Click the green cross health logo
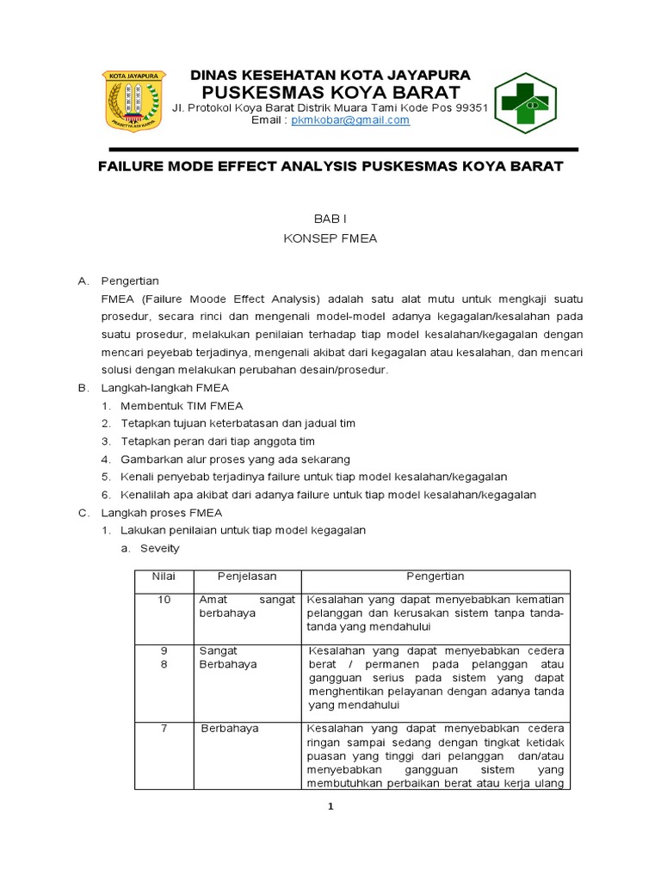click(x=524, y=103)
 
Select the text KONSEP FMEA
click(x=330, y=239)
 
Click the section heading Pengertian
click(x=130, y=280)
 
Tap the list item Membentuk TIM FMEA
click(x=182, y=405)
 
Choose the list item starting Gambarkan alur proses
click(x=235, y=459)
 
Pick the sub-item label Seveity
click(x=160, y=548)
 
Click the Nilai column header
click(x=164, y=576)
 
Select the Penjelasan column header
click(x=247, y=576)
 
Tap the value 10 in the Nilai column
click(x=164, y=600)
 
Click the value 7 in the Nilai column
click(x=164, y=729)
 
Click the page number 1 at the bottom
click(x=330, y=806)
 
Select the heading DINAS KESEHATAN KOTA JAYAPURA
click(x=330, y=75)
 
